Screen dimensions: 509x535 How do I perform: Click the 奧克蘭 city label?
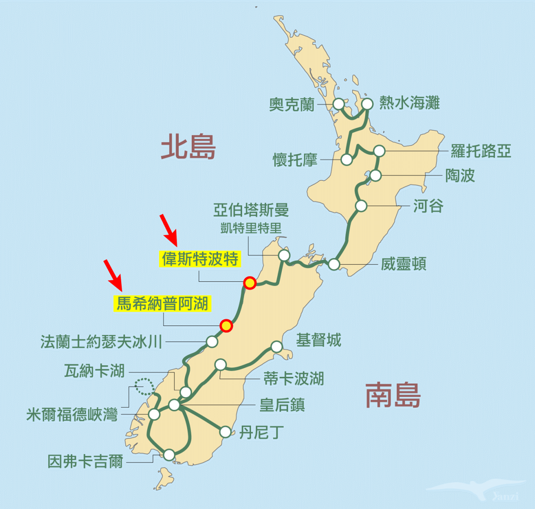(x=292, y=104)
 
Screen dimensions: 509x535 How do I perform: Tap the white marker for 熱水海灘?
(x=367, y=104)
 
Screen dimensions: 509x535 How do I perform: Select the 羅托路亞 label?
(x=480, y=151)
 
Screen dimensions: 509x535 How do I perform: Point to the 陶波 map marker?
(x=376, y=175)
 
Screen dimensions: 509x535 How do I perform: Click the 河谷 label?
(x=428, y=206)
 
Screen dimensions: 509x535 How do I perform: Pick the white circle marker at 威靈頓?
(x=334, y=264)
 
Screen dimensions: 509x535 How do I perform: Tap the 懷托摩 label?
(x=295, y=159)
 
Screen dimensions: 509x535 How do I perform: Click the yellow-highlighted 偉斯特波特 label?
(x=200, y=259)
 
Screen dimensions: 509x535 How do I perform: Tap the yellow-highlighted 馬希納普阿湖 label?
(x=162, y=304)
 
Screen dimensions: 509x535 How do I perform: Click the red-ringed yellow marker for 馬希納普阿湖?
(x=226, y=326)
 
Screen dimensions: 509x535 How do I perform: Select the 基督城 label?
(x=318, y=340)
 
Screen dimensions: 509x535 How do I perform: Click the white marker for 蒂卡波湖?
(x=221, y=365)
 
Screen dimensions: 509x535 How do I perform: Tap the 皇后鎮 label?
(x=282, y=405)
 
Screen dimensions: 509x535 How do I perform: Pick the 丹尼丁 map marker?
(x=226, y=432)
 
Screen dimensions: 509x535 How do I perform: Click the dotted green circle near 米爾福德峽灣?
(x=144, y=386)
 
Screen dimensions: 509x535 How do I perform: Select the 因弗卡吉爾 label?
(x=85, y=461)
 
